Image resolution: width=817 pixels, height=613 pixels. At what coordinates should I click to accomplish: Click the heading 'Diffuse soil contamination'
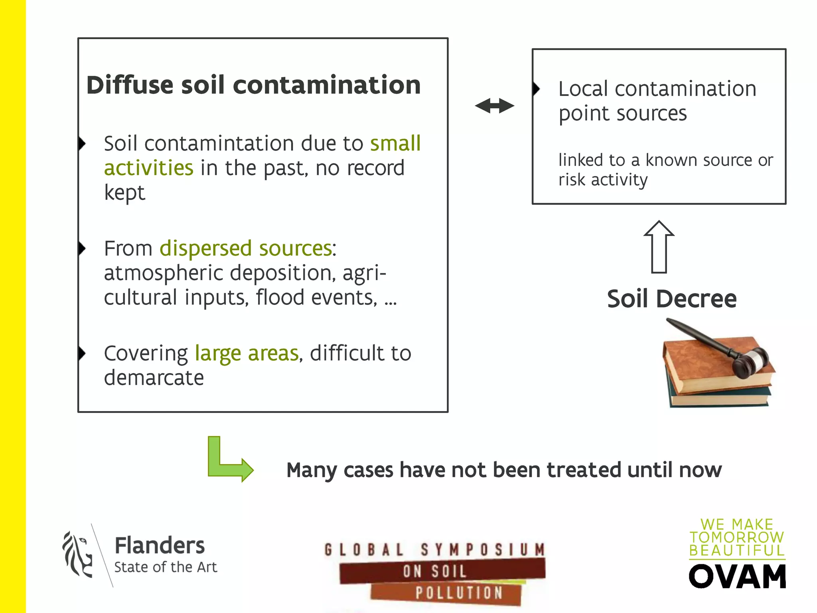tap(253, 85)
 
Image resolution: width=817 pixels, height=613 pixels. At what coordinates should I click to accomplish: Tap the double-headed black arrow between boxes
tap(494, 106)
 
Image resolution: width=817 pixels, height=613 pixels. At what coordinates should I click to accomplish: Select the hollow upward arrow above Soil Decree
tap(659, 247)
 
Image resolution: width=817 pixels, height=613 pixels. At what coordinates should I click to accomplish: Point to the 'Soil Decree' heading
tap(671, 299)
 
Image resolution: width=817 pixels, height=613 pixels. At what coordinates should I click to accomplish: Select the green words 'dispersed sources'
tap(246, 248)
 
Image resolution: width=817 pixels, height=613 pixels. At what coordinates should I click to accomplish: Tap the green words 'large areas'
tap(247, 353)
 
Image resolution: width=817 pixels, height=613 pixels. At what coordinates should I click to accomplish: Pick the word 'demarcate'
tap(154, 378)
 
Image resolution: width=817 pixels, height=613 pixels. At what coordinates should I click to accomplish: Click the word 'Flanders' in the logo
tap(160, 545)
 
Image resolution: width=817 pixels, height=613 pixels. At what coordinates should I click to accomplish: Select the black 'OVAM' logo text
tap(737, 577)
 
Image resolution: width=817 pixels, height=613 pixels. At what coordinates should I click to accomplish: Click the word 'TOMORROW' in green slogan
tap(737, 537)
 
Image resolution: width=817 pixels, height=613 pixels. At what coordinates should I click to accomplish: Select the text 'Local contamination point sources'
tap(657, 101)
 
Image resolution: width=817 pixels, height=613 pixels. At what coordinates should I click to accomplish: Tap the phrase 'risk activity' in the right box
tap(603, 180)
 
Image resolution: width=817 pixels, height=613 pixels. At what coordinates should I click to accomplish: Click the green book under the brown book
tap(718, 397)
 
